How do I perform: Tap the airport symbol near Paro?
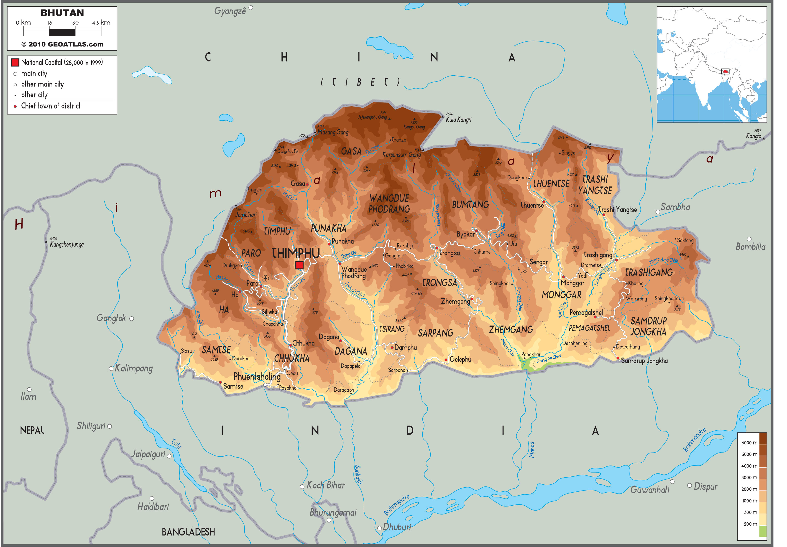click(x=265, y=278)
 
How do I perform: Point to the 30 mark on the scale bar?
click(x=75, y=23)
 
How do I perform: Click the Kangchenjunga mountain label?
click(x=67, y=244)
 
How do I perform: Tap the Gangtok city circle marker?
click(x=131, y=318)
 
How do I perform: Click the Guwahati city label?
click(x=649, y=490)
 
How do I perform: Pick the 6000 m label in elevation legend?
click(x=749, y=443)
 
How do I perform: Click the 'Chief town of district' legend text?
click(x=51, y=106)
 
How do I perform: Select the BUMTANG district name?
click(x=470, y=205)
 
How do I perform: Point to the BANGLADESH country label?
click(x=188, y=532)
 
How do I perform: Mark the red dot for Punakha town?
click(x=329, y=244)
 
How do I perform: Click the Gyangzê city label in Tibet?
click(x=230, y=11)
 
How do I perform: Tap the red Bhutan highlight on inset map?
click(x=725, y=72)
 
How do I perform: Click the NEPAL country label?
click(x=32, y=430)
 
